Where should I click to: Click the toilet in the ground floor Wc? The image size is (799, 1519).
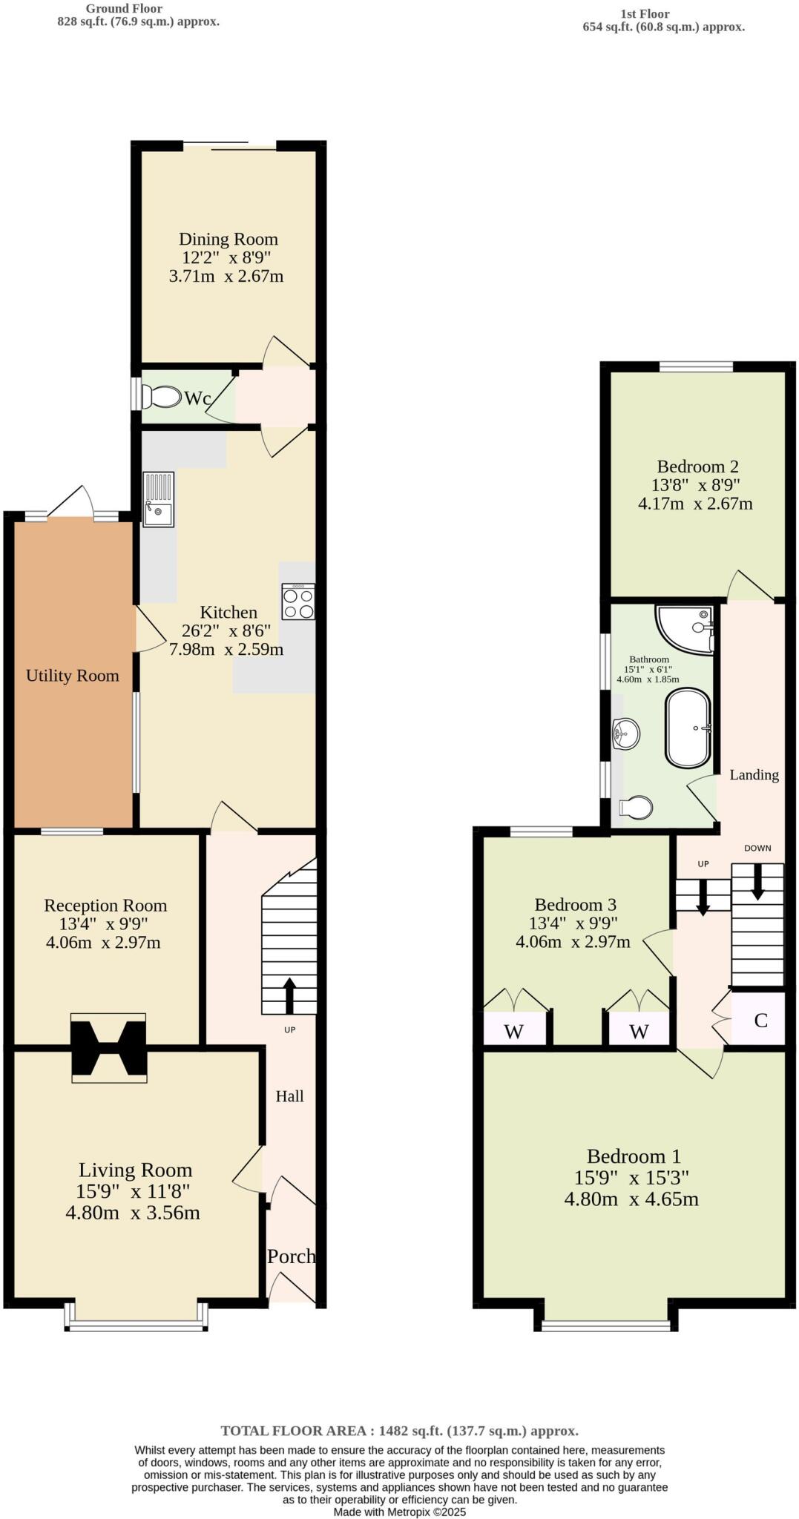tap(162, 398)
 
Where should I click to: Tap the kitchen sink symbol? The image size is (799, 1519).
tap(158, 499)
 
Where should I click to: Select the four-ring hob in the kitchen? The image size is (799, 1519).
tap(298, 602)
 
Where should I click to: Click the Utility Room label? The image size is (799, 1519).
tap(72, 676)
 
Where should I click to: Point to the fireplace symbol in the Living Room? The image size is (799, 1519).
tap(108, 1047)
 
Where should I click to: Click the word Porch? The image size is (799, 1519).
tap(291, 1256)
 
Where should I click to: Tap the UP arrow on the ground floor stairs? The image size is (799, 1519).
tap(289, 995)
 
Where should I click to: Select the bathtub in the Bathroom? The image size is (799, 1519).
tap(688, 728)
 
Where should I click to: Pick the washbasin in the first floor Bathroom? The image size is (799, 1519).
tap(626, 734)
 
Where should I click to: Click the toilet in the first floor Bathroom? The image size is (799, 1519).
tap(636, 807)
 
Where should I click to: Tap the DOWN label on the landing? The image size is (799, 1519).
tap(757, 848)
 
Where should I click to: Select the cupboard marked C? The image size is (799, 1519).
tap(760, 1021)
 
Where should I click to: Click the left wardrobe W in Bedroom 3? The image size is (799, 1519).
tap(513, 1031)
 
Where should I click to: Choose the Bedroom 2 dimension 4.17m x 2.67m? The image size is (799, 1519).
tap(695, 504)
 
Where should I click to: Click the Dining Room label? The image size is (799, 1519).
tap(228, 239)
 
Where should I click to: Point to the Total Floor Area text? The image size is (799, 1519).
tap(399, 1431)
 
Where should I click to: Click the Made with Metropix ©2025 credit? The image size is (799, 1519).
tap(399, 1512)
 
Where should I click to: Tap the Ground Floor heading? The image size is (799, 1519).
tap(124, 8)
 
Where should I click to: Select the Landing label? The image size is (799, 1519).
tap(754, 775)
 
